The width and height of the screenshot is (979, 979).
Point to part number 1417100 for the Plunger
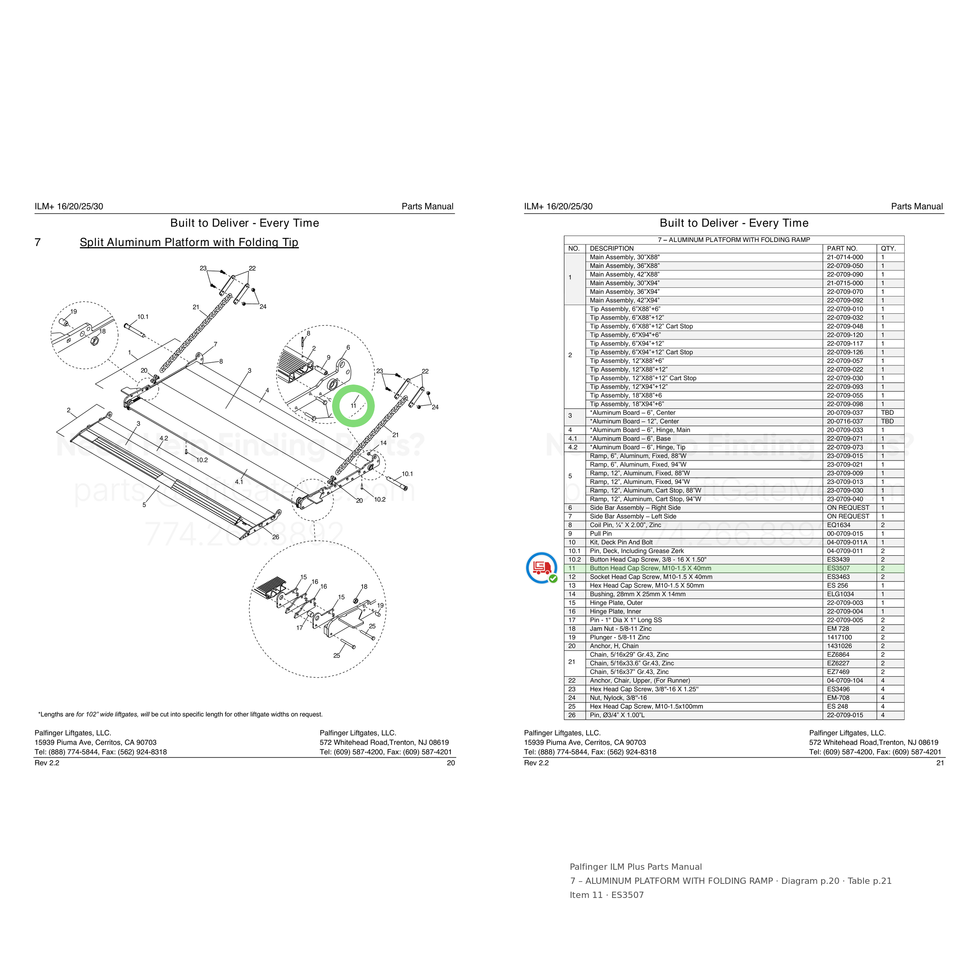coord(839,638)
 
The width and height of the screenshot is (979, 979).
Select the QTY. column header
coord(888,248)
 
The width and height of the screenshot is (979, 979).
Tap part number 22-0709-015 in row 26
coord(845,715)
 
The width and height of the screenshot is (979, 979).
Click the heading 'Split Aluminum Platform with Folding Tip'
coord(189,242)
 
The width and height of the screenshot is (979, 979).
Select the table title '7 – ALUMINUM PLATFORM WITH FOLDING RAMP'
coord(734,240)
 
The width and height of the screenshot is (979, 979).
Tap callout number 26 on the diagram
coord(276,537)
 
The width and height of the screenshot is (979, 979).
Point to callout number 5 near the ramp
coord(144,505)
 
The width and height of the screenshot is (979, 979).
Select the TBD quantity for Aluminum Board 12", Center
coord(887,421)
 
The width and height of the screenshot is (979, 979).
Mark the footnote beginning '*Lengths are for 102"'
coord(181,715)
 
